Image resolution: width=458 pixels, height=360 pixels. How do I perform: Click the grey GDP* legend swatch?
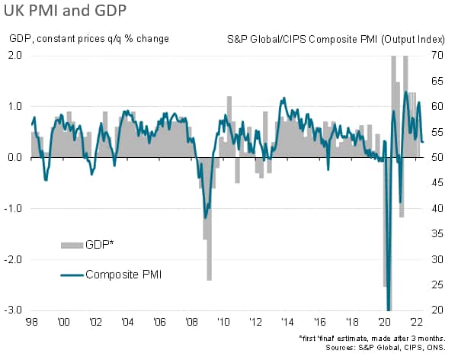71,244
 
